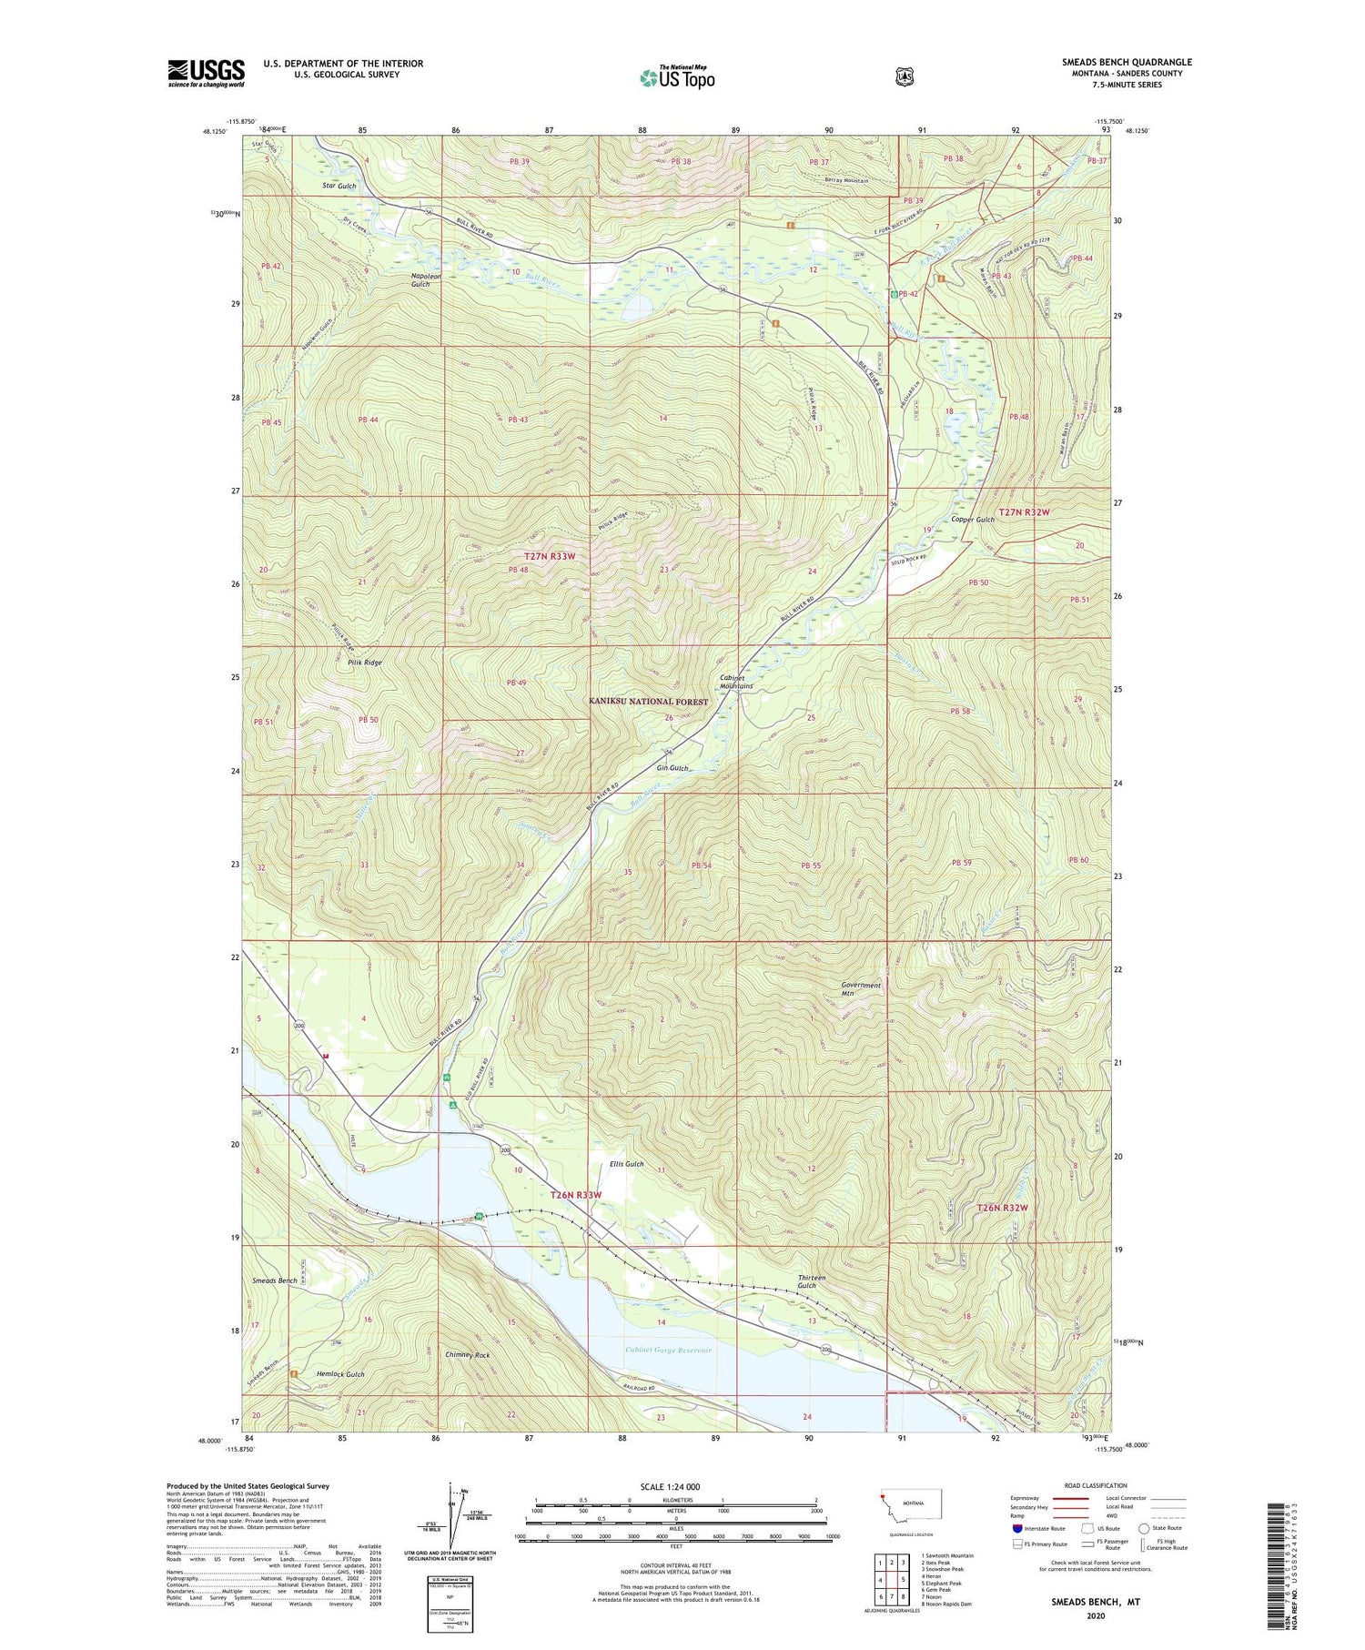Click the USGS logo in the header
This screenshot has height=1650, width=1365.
[x=207, y=73]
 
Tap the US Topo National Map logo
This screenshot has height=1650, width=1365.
[x=677, y=76]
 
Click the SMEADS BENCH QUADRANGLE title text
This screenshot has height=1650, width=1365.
[x=1126, y=62]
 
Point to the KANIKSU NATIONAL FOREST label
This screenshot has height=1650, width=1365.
[x=648, y=702]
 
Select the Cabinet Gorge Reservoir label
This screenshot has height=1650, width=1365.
[x=668, y=1350]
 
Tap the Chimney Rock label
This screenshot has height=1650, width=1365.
[x=468, y=1355]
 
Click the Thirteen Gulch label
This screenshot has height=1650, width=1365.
[x=812, y=1282]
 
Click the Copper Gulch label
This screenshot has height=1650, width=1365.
[x=973, y=520]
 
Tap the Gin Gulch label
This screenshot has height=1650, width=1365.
[x=672, y=768]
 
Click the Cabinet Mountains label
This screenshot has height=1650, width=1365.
[x=736, y=683]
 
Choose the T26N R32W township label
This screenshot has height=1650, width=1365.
[x=1002, y=1208]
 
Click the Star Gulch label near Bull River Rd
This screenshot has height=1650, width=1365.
[x=339, y=186]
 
